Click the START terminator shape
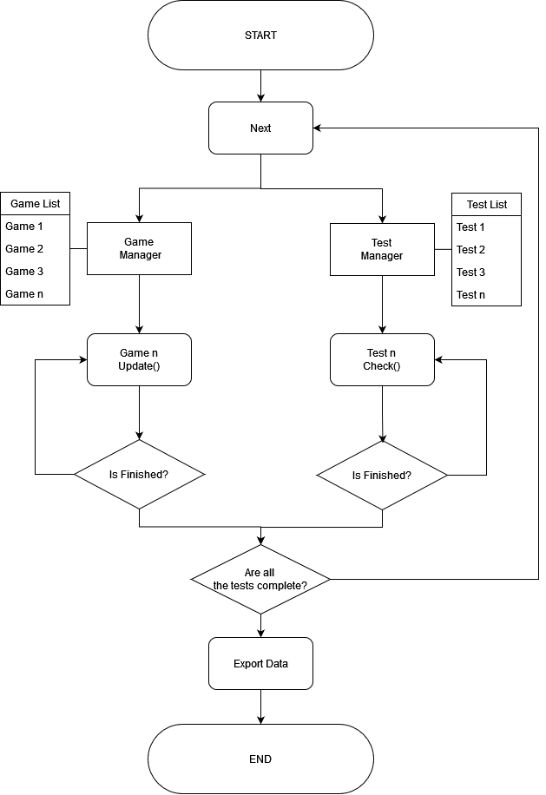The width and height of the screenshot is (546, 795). pos(260,36)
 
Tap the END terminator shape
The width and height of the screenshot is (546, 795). pos(260,759)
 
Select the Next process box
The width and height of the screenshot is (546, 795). pos(260,128)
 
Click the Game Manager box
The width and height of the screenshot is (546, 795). pos(139,249)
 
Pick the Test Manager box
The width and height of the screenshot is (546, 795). pos(382,249)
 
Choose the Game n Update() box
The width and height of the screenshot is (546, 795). pos(139,359)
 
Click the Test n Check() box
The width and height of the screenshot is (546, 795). pos(382,359)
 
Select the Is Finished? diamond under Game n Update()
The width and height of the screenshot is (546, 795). pos(139,475)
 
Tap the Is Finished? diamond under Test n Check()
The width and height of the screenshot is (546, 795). pos(382,475)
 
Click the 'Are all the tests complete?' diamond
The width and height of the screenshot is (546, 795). pos(260,579)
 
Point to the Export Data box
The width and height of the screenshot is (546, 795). pos(260,664)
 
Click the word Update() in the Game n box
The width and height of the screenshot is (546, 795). pos(139,366)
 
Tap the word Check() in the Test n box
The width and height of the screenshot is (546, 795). pos(382,366)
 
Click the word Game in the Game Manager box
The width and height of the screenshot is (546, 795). pos(139,242)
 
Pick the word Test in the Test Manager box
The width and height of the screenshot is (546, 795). pos(382,243)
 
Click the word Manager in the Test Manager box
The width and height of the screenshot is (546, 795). pos(382,256)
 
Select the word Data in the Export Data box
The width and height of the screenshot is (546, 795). pos(277,664)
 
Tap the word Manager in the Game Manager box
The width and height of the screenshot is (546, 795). pos(141,255)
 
